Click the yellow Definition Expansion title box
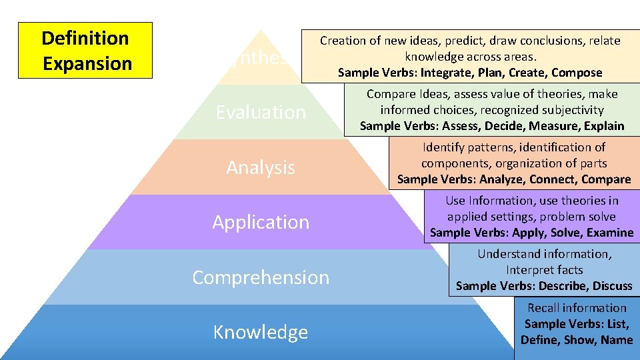coord(85,51)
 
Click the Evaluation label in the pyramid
coord(261,112)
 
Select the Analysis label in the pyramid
coord(261,167)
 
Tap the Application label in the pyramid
coord(261,222)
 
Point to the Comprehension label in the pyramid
coord(261,277)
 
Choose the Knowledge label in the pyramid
coord(261,332)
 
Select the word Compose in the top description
coord(576,73)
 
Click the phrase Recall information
coord(577,308)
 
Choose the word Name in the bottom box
coord(616,340)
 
